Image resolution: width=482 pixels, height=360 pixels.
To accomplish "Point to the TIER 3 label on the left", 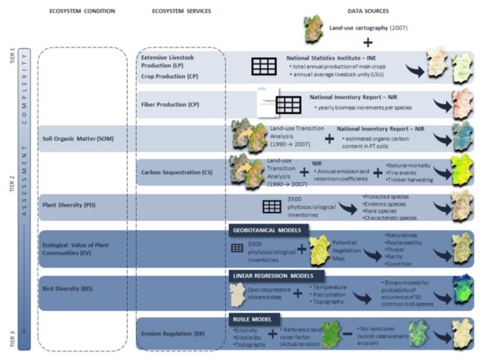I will (x=11, y=334).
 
